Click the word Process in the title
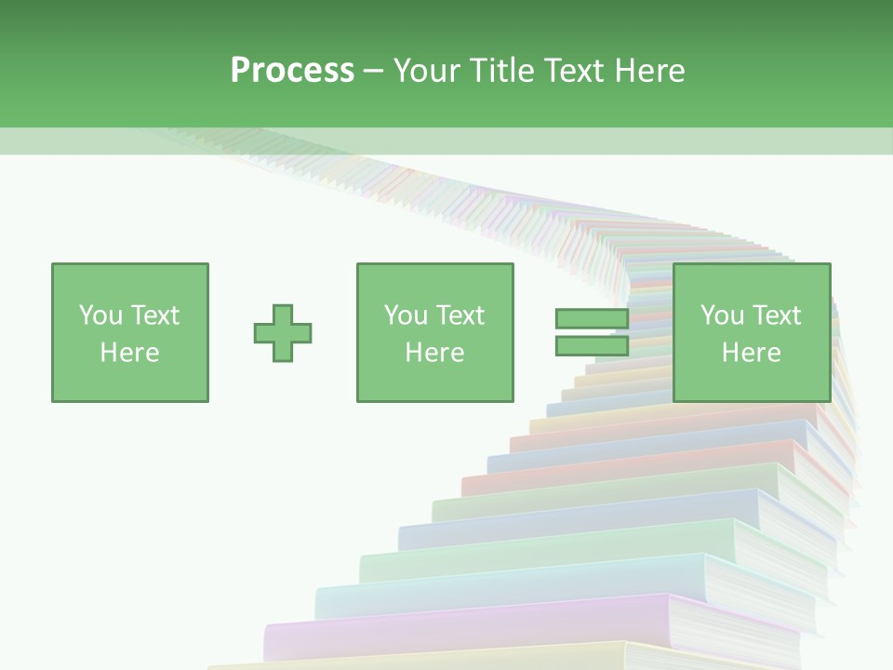click(x=292, y=71)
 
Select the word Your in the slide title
click(x=426, y=71)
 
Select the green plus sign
click(x=283, y=332)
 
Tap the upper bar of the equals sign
click(x=592, y=319)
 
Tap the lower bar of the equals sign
click(x=592, y=345)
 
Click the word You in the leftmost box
click(x=99, y=315)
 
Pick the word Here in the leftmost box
click(x=129, y=352)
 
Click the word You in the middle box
click(x=404, y=315)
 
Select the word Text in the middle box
click(x=459, y=315)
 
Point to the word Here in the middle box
click(x=434, y=352)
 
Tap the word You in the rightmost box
click(x=721, y=315)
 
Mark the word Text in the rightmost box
click(x=775, y=315)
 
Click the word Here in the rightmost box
click(x=751, y=352)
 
